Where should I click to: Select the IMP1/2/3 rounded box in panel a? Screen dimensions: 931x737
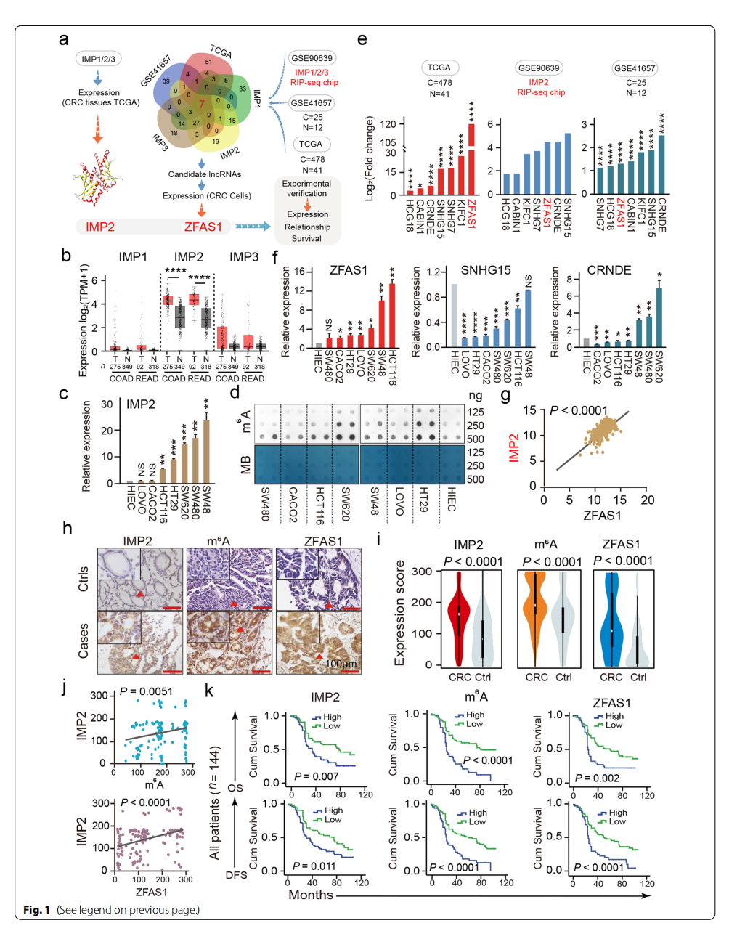point(98,59)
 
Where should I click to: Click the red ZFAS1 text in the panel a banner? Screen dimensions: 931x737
point(203,227)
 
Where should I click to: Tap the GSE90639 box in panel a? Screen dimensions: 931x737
point(312,58)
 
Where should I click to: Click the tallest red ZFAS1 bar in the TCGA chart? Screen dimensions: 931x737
point(471,160)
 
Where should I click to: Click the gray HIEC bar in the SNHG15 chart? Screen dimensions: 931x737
point(454,315)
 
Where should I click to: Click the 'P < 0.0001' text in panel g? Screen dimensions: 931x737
point(579,410)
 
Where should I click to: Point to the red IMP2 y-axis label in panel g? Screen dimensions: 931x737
point(514,448)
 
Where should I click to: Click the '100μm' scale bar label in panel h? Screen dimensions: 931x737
point(341,664)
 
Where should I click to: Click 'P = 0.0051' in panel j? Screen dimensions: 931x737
point(146,691)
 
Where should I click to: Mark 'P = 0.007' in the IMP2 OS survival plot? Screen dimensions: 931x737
point(316,776)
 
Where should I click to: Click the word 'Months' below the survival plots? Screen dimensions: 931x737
point(310,895)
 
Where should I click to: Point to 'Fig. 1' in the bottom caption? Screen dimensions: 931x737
point(36,910)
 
